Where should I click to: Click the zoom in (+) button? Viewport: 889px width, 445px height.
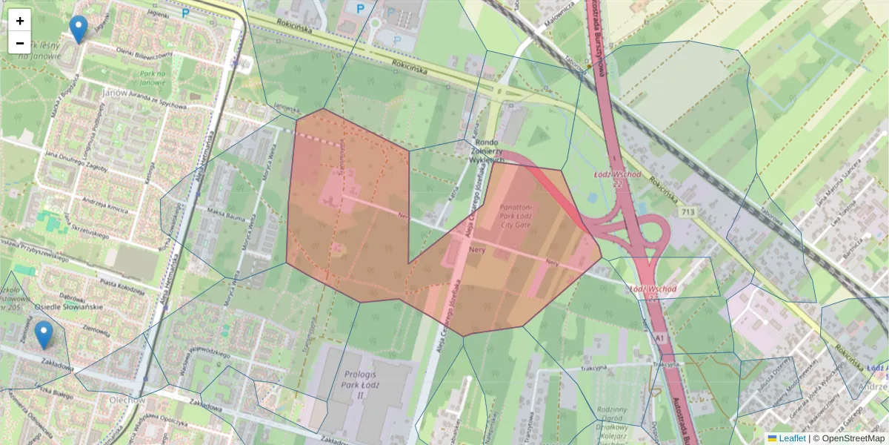(20, 21)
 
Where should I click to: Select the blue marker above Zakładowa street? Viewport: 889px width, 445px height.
(44, 334)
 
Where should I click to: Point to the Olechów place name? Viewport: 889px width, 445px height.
(127, 400)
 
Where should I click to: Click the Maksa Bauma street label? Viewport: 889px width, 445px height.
(227, 215)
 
